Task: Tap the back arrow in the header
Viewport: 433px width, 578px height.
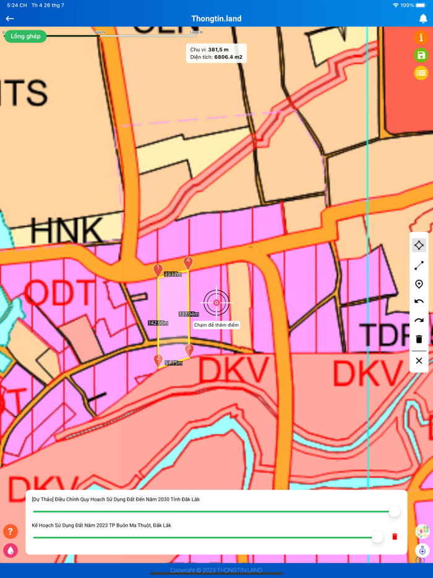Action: pyautogui.click(x=10, y=19)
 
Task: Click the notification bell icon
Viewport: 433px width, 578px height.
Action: pyautogui.click(x=423, y=19)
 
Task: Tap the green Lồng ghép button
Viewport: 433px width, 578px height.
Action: pyautogui.click(x=25, y=37)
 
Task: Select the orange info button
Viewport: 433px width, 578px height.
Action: pyautogui.click(x=421, y=38)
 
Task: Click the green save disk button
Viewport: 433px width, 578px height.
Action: pyautogui.click(x=421, y=56)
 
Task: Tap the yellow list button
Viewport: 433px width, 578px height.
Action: pyautogui.click(x=421, y=73)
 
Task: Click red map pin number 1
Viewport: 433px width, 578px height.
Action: pyautogui.click(x=158, y=270)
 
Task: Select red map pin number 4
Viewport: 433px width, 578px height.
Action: pyautogui.click(x=188, y=262)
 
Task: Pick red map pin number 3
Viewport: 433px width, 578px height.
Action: pyautogui.click(x=189, y=350)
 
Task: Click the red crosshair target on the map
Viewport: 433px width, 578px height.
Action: pyautogui.click(x=216, y=303)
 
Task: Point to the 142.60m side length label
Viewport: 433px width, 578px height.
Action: pyautogui.click(x=158, y=323)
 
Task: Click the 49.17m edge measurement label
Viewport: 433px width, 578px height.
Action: pyautogui.click(x=173, y=274)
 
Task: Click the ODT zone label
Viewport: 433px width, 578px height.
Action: pyautogui.click(x=61, y=293)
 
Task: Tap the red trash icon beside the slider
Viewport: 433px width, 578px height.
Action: pyautogui.click(x=395, y=537)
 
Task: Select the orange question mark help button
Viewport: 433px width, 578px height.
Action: pyautogui.click(x=11, y=531)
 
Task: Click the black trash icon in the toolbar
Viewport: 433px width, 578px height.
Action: pyautogui.click(x=419, y=339)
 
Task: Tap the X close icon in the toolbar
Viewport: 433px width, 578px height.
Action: pyautogui.click(x=419, y=361)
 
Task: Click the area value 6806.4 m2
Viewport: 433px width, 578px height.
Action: pyautogui.click(x=228, y=57)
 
